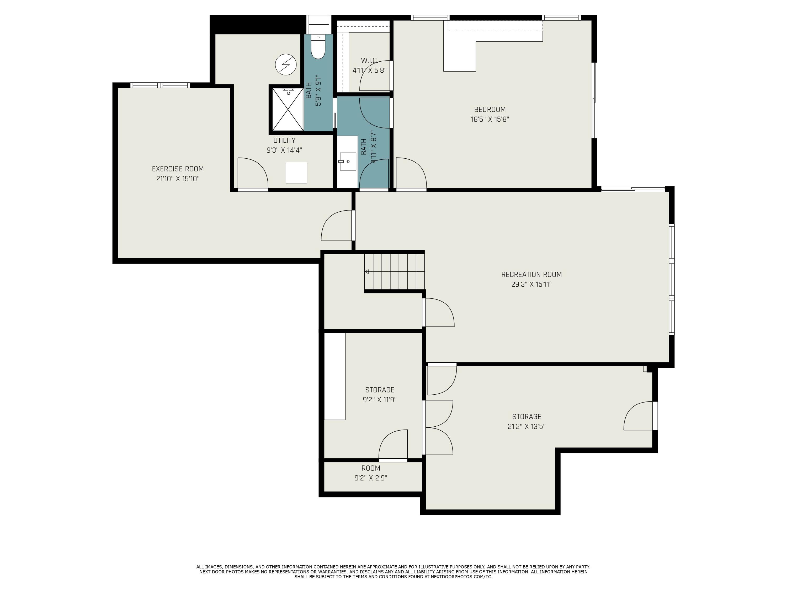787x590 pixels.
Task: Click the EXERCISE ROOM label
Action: click(178, 169)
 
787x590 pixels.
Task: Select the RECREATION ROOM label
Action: click(531, 274)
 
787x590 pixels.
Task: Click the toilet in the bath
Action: click(318, 48)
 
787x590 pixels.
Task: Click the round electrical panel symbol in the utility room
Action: click(286, 65)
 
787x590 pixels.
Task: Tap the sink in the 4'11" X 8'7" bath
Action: click(347, 162)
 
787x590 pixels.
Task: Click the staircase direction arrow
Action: click(366, 272)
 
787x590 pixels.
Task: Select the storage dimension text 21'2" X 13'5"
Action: click(526, 426)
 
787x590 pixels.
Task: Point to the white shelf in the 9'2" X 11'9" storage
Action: click(335, 376)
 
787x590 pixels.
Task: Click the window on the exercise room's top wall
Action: click(160, 85)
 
